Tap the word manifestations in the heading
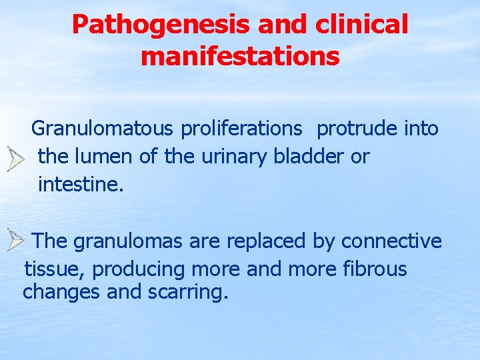240,56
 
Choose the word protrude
357,128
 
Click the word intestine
81,185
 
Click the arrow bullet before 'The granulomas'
15,239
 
